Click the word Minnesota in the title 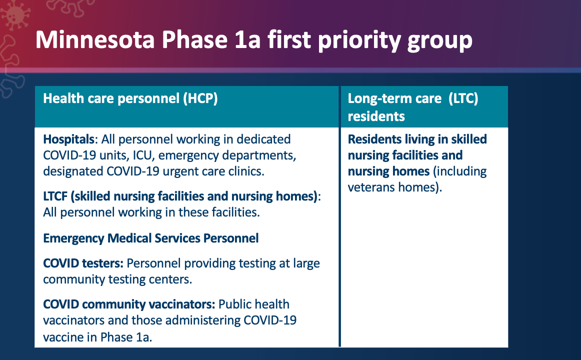[95, 39]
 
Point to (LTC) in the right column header [463, 98]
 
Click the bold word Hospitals [69, 139]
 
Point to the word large [306, 264]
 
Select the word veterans [371, 187]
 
